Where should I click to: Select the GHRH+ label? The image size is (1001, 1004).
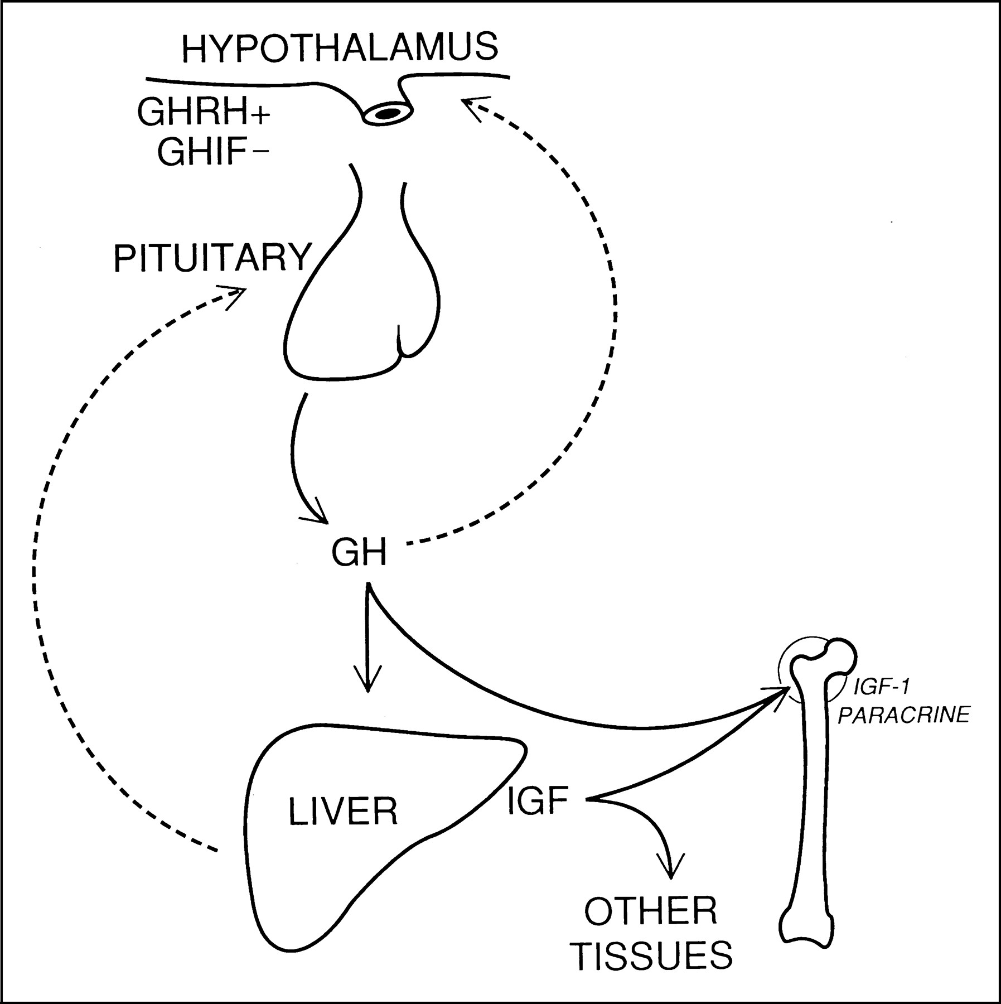[x=203, y=113]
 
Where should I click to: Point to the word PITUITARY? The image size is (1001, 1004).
[x=212, y=258]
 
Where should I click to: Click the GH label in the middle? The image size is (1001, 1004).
[x=359, y=554]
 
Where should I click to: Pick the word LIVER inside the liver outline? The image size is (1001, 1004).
[x=343, y=812]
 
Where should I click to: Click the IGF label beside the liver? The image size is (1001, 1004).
[x=538, y=801]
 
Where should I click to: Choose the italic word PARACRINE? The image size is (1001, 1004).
[x=904, y=716]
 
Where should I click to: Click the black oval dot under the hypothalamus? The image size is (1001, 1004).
[x=388, y=113]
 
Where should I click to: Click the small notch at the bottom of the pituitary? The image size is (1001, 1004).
[x=400, y=347]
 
